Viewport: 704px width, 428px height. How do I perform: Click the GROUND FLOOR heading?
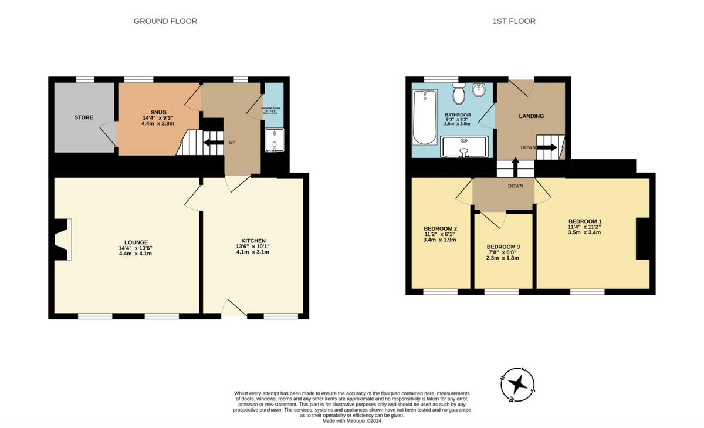165,21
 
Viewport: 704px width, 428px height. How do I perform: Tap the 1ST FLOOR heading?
513,21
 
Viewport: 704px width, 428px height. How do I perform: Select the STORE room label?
83,117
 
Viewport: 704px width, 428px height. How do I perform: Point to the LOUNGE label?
136,242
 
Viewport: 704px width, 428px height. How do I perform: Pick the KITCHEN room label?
253,241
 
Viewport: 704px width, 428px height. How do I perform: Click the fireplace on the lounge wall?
62,239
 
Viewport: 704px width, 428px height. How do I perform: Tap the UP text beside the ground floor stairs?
232,143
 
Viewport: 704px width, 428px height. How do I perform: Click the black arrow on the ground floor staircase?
209,141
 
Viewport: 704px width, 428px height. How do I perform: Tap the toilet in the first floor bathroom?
459,93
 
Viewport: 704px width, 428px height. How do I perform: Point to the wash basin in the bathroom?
479,91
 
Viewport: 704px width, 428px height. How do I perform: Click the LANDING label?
531,116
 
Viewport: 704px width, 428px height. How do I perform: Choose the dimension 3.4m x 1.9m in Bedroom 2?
439,240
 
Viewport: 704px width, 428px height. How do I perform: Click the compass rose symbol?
517,385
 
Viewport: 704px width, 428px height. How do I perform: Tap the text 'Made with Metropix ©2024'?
351,420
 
